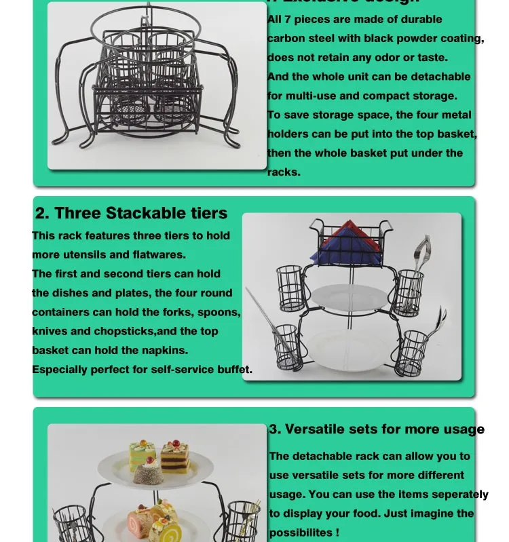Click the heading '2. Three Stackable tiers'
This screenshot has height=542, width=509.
click(131, 213)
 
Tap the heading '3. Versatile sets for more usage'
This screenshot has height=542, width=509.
click(377, 429)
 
